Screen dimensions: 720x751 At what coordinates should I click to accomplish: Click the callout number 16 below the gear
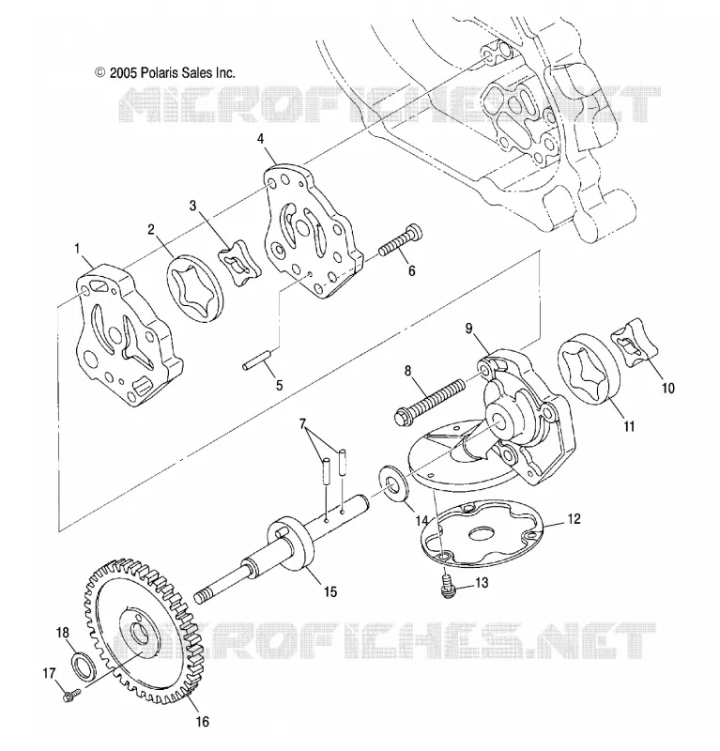[x=203, y=721]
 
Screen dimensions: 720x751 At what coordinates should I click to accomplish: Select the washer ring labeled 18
[x=83, y=667]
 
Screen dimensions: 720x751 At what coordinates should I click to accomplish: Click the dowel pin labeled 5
[x=257, y=360]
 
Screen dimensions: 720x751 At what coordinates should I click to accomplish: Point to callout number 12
[x=574, y=519]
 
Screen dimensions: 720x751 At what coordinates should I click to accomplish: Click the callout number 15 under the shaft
[x=330, y=592]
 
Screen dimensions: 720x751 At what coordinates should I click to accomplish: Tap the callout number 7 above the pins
[x=301, y=424]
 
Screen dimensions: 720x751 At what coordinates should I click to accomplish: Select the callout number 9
[x=468, y=328]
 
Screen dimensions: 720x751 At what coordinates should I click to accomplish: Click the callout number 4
[x=260, y=139]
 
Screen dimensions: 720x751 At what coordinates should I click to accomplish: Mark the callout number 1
[x=77, y=249]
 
